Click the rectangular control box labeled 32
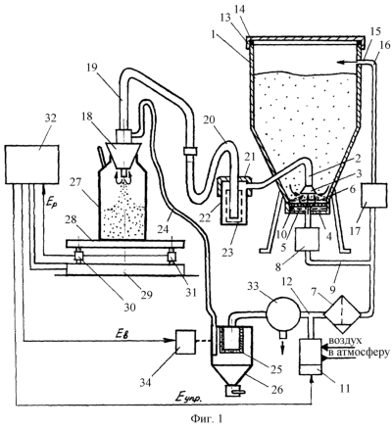coord(32,165)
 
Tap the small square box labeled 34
coord(185,342)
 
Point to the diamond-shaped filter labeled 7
coord(342,314)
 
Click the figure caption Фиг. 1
coord(206,418)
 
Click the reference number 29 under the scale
coord(146,295)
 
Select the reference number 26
coord(276,389)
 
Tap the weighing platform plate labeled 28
coord(125,244)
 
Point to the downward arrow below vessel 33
coord(283,346)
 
